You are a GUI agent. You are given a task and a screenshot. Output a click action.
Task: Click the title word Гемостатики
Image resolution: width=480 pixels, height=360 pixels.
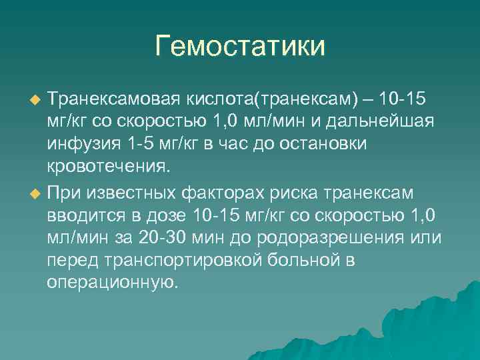pos(240,47)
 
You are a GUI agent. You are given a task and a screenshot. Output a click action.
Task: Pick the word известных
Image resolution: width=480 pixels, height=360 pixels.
pos(141,193)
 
